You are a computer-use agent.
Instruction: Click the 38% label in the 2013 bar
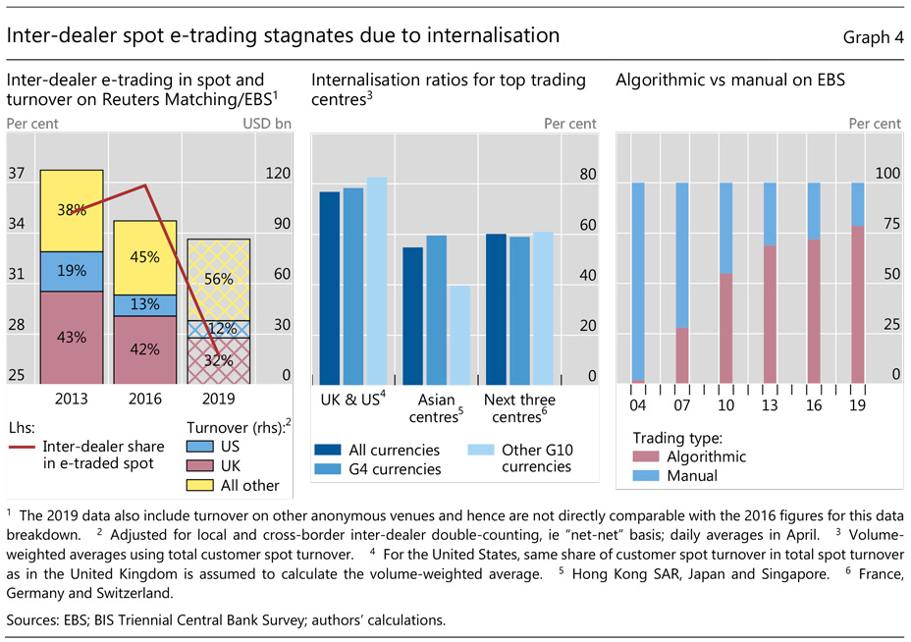tap(72, 209)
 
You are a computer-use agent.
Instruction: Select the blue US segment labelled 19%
tap(72, 272)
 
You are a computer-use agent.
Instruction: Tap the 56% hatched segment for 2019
tap(218, 279)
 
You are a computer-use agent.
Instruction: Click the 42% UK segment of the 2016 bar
tap(144, 349)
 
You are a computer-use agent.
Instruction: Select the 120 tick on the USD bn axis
tap(278, 174)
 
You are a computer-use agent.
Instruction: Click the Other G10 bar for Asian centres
tap(458, 334)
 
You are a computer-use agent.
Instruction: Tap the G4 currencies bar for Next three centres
tap(519, 309)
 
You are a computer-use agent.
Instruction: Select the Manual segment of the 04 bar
tap(638, 280)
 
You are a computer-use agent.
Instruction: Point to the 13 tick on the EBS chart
tap(770, 403)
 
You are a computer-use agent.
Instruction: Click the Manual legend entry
tap(690, 476)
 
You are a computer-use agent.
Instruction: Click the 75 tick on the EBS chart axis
tap(887, 224)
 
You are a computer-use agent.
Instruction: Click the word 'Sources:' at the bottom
tap(34, 619)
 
